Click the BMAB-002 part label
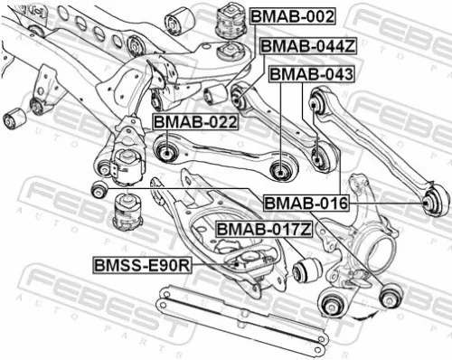tap(293, 16)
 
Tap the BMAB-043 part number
tap(311, 73)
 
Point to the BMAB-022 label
tap(194, 121)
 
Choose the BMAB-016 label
tap(306, 204)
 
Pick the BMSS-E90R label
tap(143, 266)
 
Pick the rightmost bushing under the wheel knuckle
tap(393, 292)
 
